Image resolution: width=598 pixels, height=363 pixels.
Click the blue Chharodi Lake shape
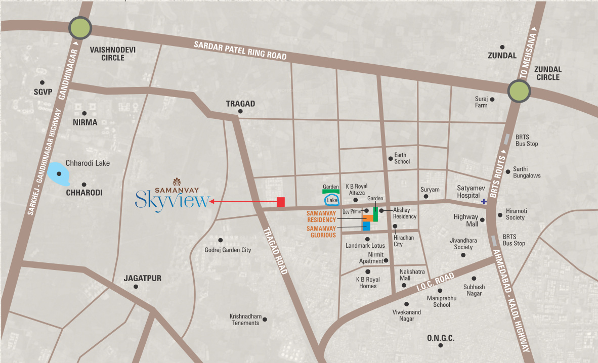(59, 174)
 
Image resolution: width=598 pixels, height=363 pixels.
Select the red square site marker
(281, 202)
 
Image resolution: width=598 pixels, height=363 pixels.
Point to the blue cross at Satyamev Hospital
(484, 202)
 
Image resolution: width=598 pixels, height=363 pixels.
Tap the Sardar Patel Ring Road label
(240, 51)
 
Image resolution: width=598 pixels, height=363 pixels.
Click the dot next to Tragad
(240, 111)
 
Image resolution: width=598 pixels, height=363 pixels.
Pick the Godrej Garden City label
(228, 250)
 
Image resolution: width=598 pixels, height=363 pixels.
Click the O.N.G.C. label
(441, 337)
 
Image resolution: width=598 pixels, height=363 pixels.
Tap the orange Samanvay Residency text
(321, 217)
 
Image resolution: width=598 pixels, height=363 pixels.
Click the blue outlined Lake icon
(332, 200)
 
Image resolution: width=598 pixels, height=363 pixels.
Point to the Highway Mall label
(465, 220)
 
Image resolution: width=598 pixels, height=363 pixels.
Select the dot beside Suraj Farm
(492, 99)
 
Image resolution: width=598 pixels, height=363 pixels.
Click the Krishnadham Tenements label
(245, 320)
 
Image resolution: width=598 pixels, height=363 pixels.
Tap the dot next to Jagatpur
(136, 287)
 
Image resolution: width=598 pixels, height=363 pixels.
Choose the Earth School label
(402, 158)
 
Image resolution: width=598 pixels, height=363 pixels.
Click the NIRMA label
(84, 122)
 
